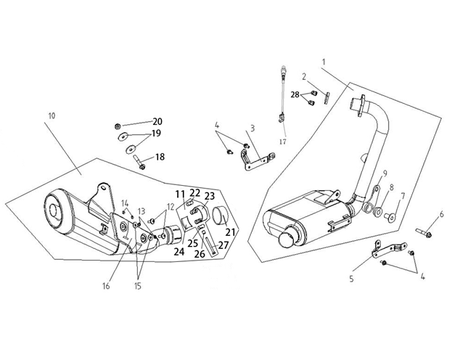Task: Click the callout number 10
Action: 51,115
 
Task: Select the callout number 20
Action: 157,121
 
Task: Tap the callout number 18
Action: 160,157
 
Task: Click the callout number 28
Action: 295,95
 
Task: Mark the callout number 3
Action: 252,128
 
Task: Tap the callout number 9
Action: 385,173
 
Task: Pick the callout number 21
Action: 230,232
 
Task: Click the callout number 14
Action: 124,202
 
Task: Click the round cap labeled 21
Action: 221,217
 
